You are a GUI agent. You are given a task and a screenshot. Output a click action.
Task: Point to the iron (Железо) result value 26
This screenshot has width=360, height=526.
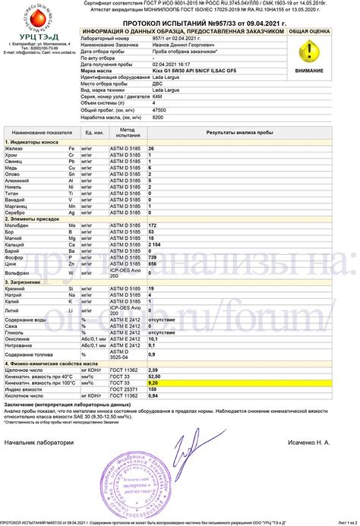(152, 127)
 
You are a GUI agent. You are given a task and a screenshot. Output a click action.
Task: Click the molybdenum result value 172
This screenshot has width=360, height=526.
(153, 204)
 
